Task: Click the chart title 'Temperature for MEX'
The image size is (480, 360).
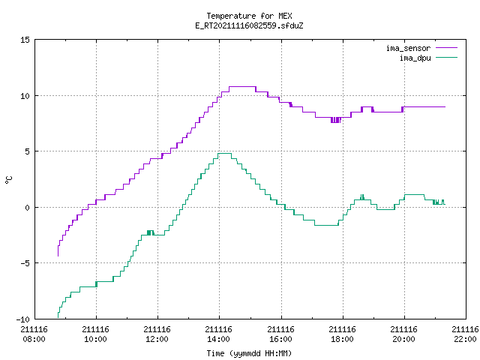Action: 249,16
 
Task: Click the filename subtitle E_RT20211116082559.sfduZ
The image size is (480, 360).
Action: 249,25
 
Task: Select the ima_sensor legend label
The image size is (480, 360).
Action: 408,48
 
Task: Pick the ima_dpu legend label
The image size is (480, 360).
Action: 415,58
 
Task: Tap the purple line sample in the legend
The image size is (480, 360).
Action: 446,48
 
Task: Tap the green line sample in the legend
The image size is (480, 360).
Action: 446,58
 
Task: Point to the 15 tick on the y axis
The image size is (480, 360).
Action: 25,40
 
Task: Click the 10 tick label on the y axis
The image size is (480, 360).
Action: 25,96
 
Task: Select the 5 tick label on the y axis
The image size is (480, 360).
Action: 28,151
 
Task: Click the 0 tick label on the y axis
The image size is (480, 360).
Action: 28,208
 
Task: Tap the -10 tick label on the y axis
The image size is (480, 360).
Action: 23,319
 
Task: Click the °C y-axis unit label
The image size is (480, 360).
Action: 9,180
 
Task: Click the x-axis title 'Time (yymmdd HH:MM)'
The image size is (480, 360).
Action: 249,353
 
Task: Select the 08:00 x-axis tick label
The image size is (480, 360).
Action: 34,339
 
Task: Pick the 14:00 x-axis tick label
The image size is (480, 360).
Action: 218,339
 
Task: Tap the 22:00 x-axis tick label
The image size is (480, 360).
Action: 465,339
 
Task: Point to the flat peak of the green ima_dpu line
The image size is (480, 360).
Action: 225,153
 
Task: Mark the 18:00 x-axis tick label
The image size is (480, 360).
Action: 342,339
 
